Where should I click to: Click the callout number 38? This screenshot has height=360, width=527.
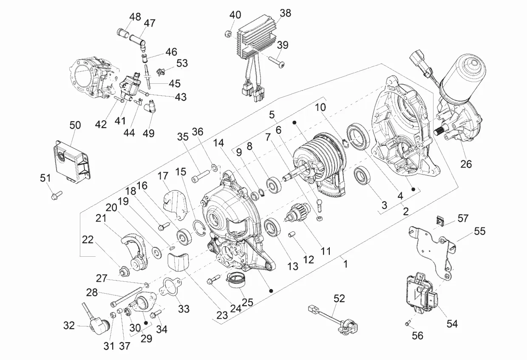coord(286,13)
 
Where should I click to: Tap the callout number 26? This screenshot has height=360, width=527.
coord(466,164)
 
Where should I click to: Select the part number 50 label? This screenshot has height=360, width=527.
coord(75,125)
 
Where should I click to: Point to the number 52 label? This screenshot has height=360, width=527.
coord(339,298)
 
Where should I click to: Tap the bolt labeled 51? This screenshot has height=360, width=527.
coord(56,196)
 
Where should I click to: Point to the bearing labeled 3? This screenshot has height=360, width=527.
coord(363,175)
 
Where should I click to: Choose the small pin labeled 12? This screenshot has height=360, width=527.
coord(292,235)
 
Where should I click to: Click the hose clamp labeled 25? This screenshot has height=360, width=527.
coord(238,281)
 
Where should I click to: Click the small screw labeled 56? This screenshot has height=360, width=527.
coord(407,323)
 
